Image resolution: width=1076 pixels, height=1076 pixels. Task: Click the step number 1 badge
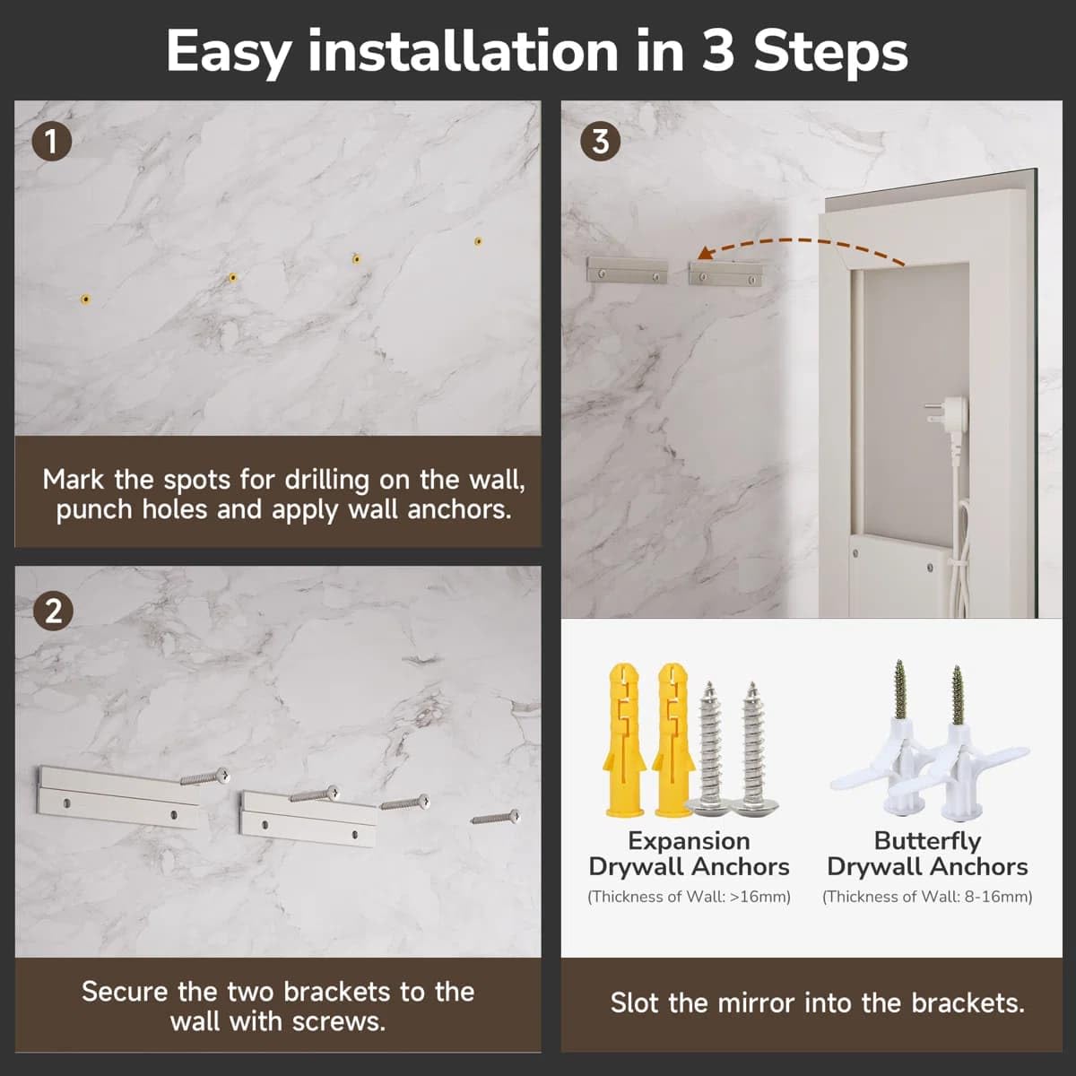click(x=51, y=142)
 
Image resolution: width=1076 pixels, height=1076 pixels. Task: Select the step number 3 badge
click(x=600, y=142)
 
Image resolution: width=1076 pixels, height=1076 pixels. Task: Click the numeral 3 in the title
click(x=718, y=52)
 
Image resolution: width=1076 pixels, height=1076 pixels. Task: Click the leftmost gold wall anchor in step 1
click(x=85, y=299)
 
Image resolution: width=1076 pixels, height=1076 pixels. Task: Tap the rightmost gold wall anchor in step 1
click(x=479, y=241)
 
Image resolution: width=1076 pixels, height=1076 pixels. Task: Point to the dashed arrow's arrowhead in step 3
click(x=706, y=253)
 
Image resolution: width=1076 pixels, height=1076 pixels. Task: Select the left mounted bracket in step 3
click(x=628, y=270)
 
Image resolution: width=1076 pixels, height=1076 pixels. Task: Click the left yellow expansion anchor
click(x=624, y=739)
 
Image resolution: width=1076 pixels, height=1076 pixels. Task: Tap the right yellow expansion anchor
click(x=672, y=739)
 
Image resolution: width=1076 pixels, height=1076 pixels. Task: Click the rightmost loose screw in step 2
click(x=496, y=818)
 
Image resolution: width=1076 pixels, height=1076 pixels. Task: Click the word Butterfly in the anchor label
click(x=927, y=841)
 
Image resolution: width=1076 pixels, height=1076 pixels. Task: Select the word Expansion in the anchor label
click(x=689, y=841)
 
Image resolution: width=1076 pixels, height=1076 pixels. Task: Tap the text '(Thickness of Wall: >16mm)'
click(x=689, y=897)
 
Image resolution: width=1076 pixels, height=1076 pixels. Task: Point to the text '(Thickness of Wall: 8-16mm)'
click(x=927, y=897)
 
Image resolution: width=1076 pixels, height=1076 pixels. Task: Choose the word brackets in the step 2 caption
click(x=337, y=992)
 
